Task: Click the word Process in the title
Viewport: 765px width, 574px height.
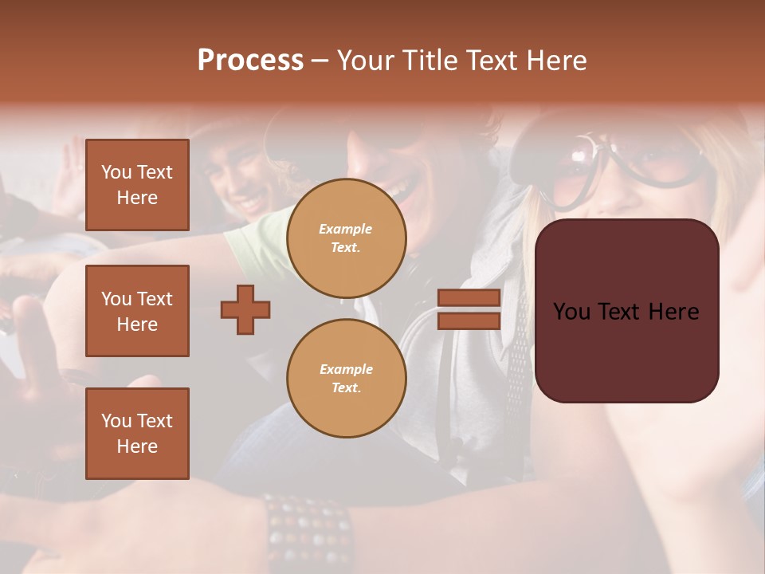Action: [x=250, y=60]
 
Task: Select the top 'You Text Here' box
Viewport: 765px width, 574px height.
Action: [x=137, y=185]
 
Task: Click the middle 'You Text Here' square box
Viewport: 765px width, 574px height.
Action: [x=137, y=311]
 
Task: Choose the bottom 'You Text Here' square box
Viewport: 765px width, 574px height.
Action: [x=137, y=433]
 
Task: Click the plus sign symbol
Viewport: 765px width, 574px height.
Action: [x=245, y=309]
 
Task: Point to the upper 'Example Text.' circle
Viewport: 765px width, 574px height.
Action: [x=346, y=238]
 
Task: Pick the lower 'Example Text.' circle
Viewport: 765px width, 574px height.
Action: [x=346, y=379]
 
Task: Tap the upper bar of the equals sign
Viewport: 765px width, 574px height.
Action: [x=469, y=298]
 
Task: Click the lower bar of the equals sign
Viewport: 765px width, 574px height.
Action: [x=469, y=320]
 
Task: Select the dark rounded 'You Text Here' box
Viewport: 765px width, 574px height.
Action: [x=626, y=311]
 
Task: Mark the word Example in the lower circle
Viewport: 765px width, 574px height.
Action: [x=346, y=369]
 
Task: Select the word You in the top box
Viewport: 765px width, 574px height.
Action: [x=116, y=172]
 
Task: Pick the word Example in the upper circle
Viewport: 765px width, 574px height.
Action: [x=346, y=229]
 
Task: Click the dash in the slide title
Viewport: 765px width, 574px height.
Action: [x=320, y=61]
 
